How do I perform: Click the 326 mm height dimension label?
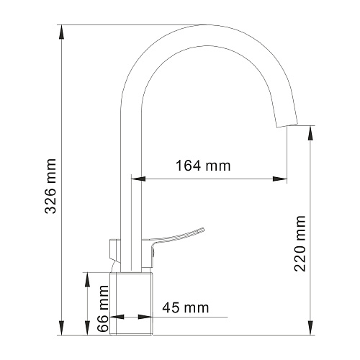click(x=50, y=186)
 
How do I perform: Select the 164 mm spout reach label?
click(x=203, y=166)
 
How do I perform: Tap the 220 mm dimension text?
click(x=300, y=243)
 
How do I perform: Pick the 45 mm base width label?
click(x=186, y=307)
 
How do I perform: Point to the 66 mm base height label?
click(x=104, y=308)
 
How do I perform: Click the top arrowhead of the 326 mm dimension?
click(x=61, y=32)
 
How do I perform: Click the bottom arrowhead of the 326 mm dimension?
click(x=61, y=328)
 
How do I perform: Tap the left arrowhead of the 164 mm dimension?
click(x=138, y=179)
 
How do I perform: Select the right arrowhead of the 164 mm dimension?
click(x=280, y=179)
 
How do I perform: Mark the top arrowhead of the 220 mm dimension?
click(x=310, y=132)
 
